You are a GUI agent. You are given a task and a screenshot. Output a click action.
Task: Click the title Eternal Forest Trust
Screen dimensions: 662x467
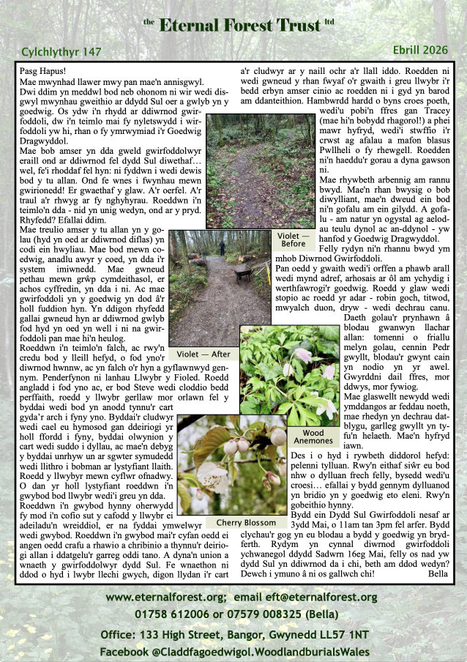click(239, 26)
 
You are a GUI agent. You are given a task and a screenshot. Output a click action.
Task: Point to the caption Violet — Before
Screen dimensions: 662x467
click(293, 239)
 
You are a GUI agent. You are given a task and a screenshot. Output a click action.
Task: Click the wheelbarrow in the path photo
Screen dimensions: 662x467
click(243, 273)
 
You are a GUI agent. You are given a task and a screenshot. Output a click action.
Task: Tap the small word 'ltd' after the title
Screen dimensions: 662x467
click(329, 22)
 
